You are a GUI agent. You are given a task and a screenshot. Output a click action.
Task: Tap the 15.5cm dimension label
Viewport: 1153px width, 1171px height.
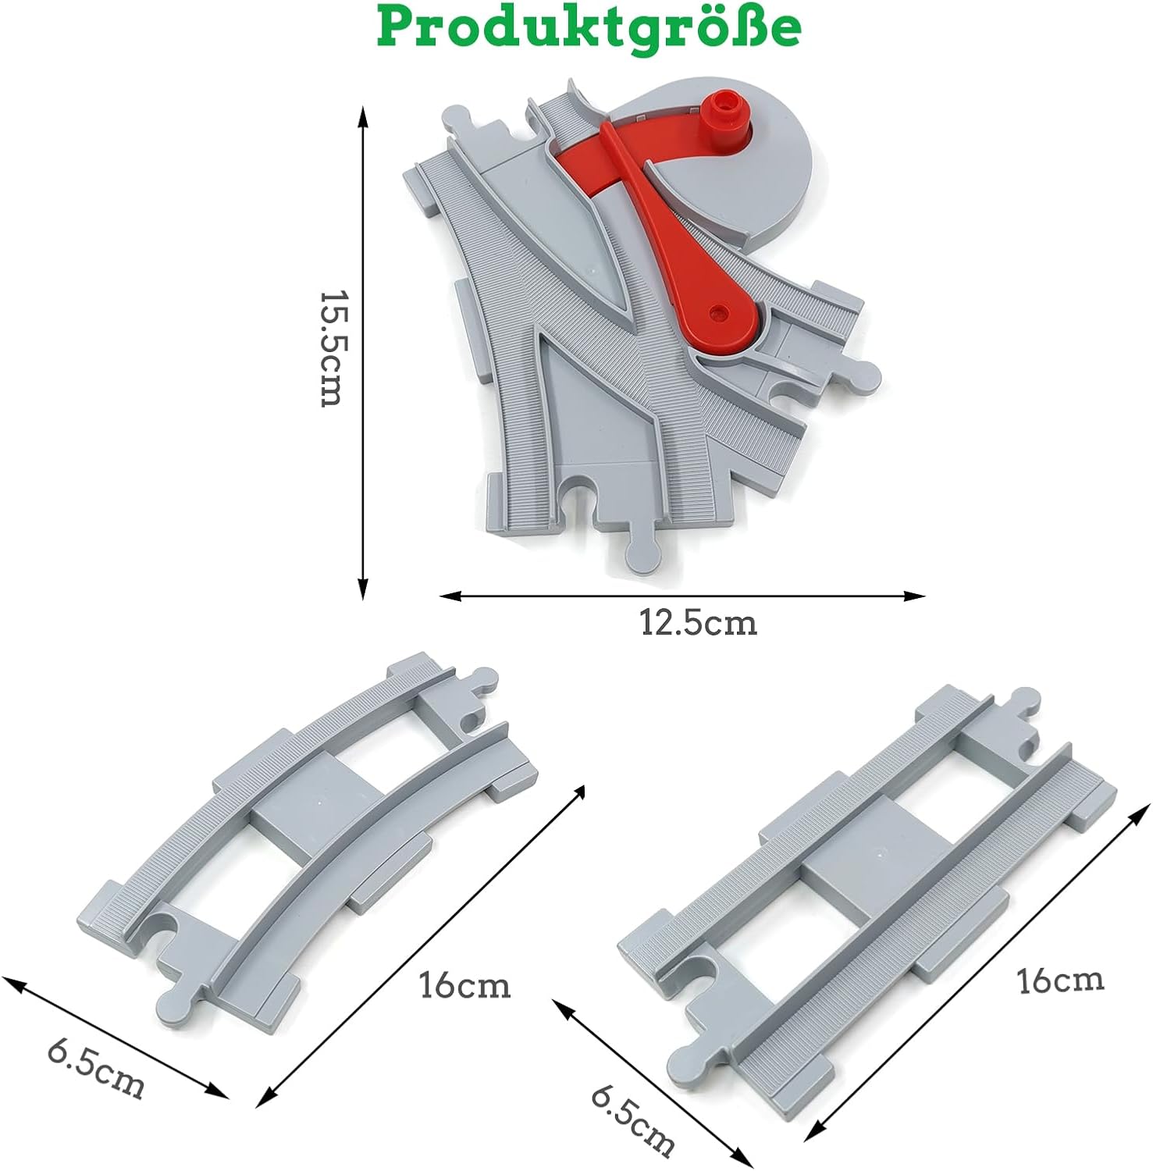[331, 349]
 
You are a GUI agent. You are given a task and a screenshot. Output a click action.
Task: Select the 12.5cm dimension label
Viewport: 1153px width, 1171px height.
[699, 623]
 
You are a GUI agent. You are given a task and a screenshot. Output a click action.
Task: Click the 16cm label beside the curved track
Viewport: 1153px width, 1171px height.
[465, 985]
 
